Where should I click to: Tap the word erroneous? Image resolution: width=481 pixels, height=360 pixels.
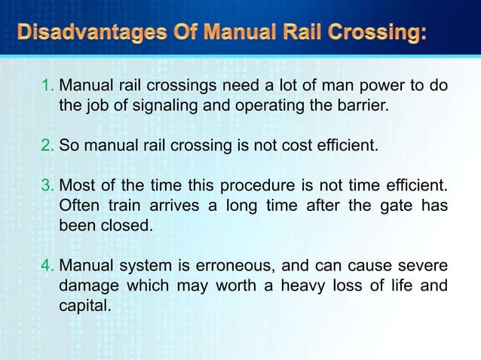pyautogui.click(x=253, y=266)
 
